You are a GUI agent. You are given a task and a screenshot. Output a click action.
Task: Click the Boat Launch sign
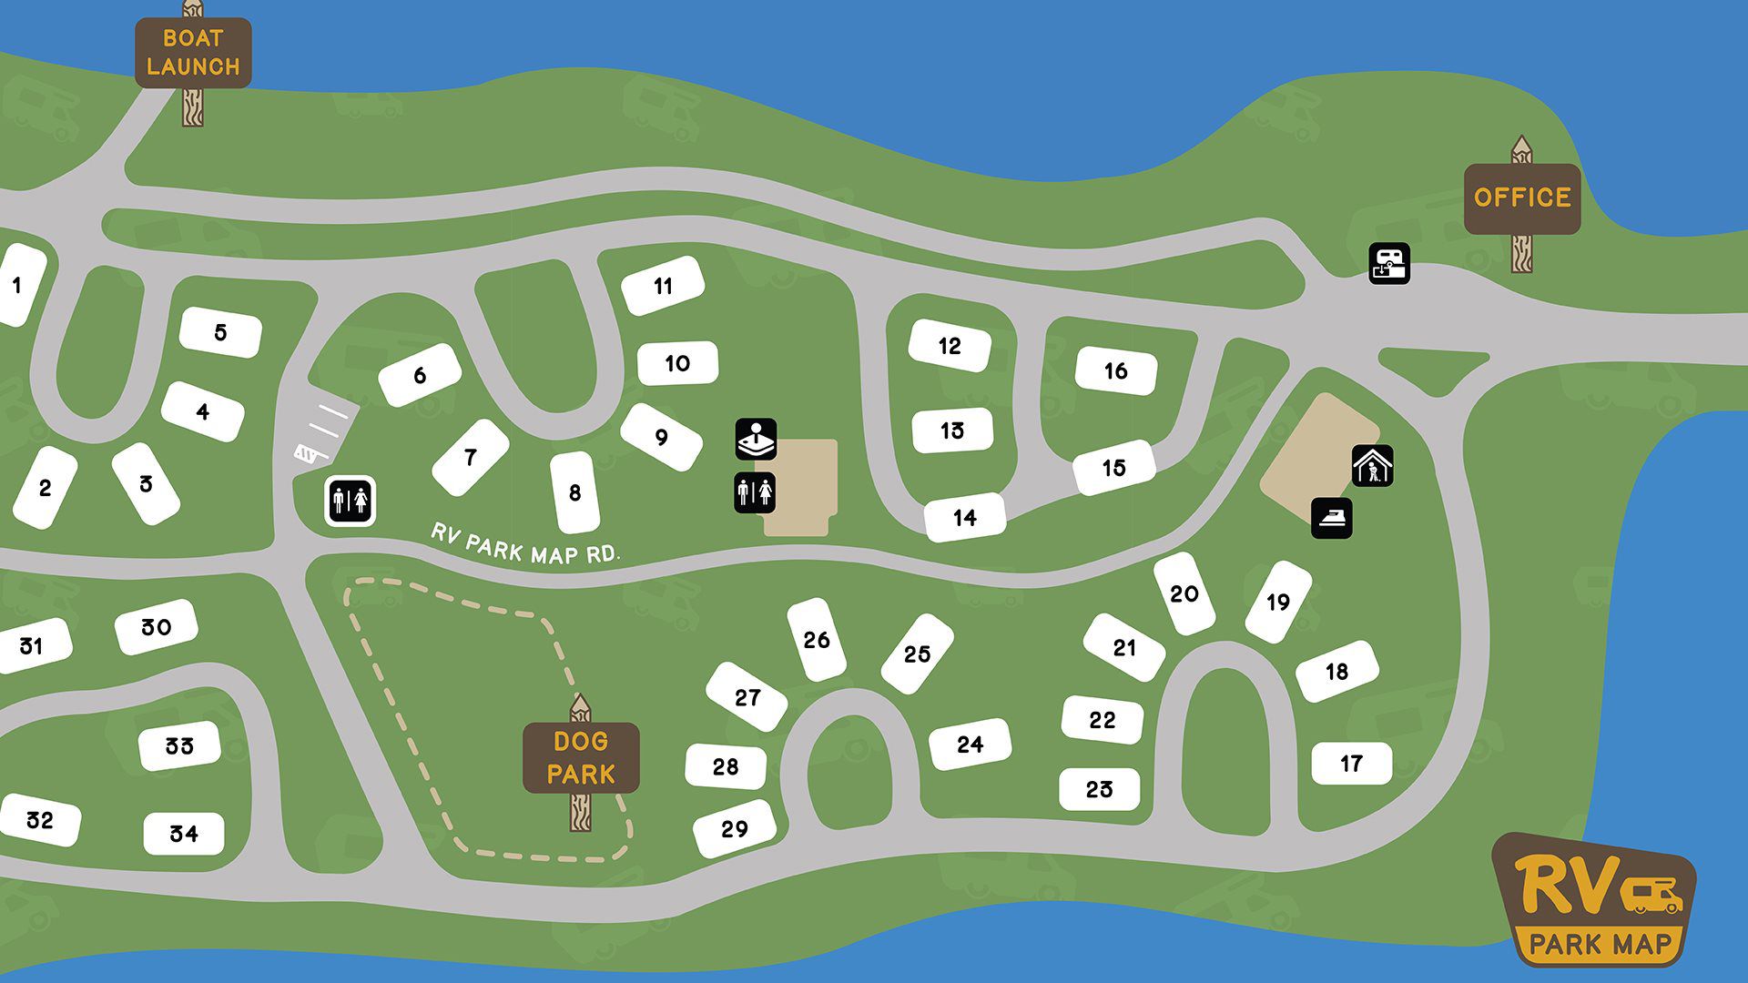(x=193, y=53)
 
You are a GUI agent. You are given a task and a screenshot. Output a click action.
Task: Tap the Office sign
(x=1521, y=198)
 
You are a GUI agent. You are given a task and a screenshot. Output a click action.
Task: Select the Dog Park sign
(x=581, y=757)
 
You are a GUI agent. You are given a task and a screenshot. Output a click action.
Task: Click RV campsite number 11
(x=663, y=286)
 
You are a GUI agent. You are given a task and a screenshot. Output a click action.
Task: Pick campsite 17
(x=1351, y=763)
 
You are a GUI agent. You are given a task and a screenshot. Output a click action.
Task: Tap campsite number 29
(x=734, y=829)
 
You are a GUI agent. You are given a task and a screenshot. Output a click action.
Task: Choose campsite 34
(x=184, y=833)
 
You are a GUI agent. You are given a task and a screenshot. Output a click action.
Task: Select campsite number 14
(x=965, y=517)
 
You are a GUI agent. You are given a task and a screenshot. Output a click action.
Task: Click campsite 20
(x=1184, y=593)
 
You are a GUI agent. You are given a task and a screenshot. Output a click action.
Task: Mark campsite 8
(x=574, y=492)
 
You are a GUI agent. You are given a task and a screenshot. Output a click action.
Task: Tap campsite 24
(x=970, y=745)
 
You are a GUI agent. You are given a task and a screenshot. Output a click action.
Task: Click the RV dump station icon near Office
(x=1389, y=263)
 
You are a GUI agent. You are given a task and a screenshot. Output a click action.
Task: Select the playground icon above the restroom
(x=756, y=439)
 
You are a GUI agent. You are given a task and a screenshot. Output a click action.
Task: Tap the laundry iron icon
(x=1331, y=518)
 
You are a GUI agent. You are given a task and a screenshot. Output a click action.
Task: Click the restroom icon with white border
(x=351, y=501)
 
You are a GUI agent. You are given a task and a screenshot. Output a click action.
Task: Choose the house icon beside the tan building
(x=1372, y=466)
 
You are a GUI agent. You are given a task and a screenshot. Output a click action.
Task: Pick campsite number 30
(x=156, y=627)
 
